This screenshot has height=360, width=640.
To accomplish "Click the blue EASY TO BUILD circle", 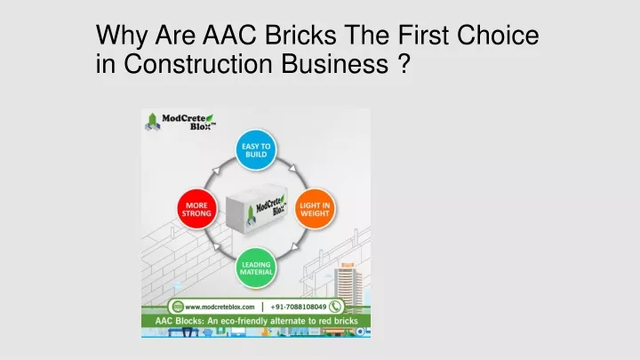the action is click(256, 150).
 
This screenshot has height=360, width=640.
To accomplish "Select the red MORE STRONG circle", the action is click(196, 209).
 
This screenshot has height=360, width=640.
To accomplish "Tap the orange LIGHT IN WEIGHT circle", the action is click(315, 209).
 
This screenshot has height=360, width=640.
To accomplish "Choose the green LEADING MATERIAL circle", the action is click(256, 268).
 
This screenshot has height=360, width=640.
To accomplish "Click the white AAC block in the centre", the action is click(257, 209).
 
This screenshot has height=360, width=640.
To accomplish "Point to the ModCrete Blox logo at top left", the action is click(180, 122).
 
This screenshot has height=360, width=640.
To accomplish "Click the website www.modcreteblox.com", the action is click(220, 307).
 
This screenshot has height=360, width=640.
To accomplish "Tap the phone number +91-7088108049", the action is click(299, 307).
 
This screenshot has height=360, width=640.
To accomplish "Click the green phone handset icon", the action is click(335, 307).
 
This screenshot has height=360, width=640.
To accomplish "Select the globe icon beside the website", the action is click(178, 307).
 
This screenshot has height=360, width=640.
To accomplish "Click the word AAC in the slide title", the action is click(229, 35).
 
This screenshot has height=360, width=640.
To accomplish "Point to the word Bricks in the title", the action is click(300, 35).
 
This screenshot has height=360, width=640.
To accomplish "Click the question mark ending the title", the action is click(404, 64).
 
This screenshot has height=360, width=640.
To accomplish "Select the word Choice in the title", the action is click(498, 35).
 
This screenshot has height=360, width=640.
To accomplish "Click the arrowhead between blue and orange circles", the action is click(292, 168).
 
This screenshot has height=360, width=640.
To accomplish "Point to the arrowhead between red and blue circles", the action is click(216, 171).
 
